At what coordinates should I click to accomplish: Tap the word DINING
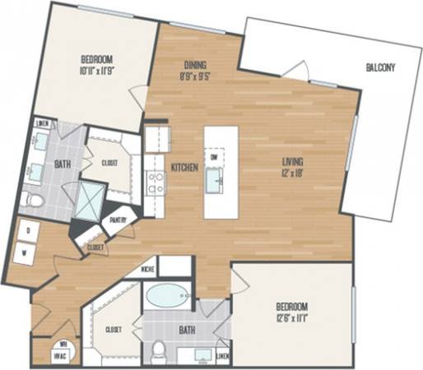pyautogui.click(x=194, y=65)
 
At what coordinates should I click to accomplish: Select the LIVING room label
pyautogui.click(x=293, y=162)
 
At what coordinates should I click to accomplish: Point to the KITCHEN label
pyautogui.click(x=184, y=167)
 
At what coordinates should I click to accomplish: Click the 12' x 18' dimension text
pyautogui.click(x=292, y=173)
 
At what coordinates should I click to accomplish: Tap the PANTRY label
pyautogui.click(x=118, y=220)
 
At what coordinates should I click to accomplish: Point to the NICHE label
pyautogui.click(x=147, y=268)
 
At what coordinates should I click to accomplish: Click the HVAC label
pyautogui.click(x=48, y=355)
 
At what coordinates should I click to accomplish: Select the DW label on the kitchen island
pyautogui.click(x=213, y=156)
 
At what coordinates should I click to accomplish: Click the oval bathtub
pyautogui.click(x=167, y=296)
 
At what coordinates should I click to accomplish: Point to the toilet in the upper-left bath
pyautogui.click(x=34, y=200)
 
